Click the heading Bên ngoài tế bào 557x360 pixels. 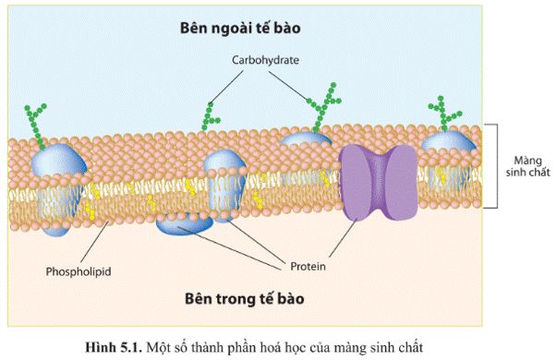click(x=253, y=28)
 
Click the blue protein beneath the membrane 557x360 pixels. click(x=187, y=222)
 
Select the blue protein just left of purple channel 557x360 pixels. click(x=306, y=148)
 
